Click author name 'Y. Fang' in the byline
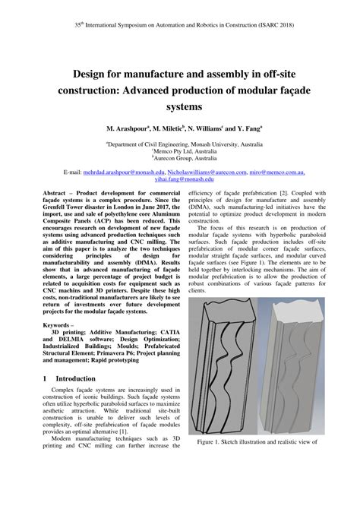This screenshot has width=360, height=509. click(246, 131)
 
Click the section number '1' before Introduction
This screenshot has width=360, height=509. click(46, 378)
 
